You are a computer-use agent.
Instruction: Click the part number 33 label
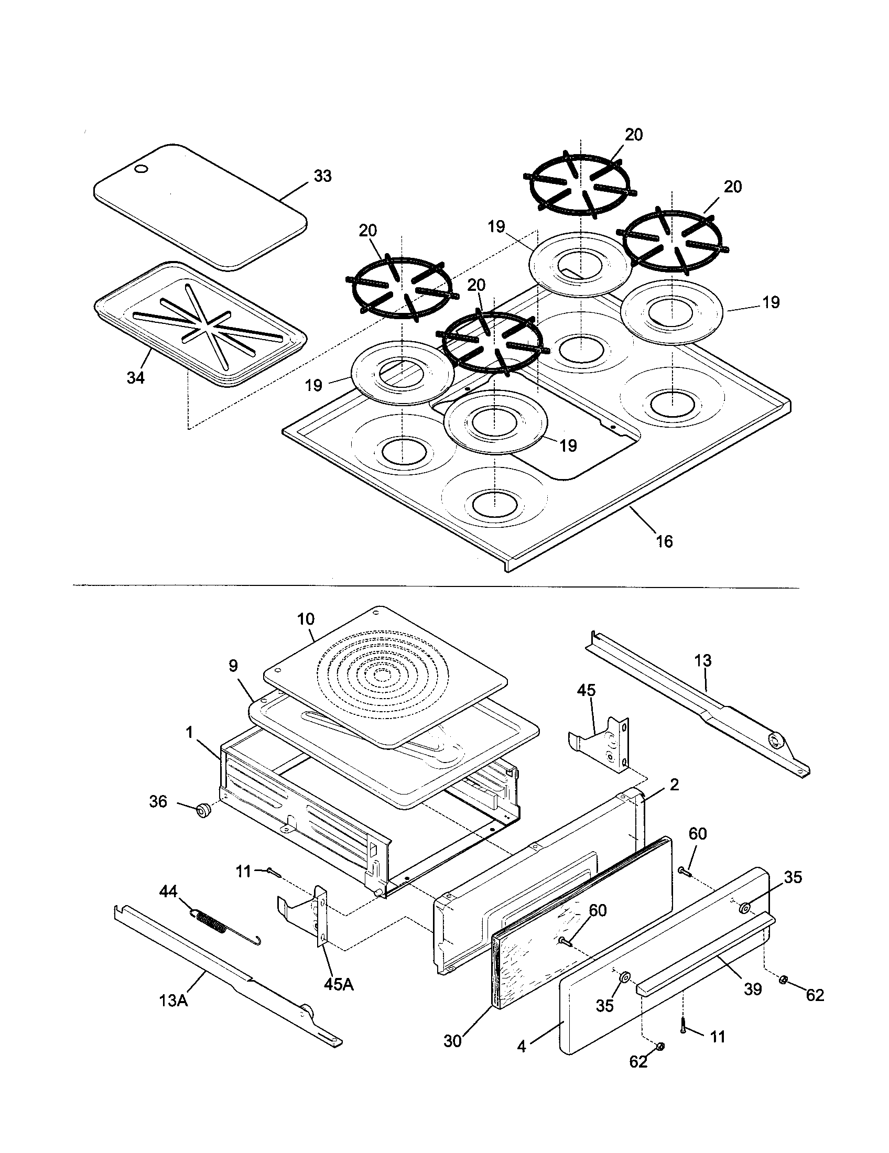coord(322,176)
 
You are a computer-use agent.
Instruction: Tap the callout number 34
coord(135,377)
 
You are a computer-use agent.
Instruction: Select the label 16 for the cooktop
coord(664,541)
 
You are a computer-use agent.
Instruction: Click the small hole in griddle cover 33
coord(142,169)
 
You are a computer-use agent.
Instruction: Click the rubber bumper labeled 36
coord(202,810)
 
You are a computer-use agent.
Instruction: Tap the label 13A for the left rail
coord(174,1000)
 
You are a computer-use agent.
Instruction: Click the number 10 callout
coord(306,619)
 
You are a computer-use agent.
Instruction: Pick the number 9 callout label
coord(233,666)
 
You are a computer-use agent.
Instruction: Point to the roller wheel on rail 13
coord(775,741)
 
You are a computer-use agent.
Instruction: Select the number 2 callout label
coord(674,785)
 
